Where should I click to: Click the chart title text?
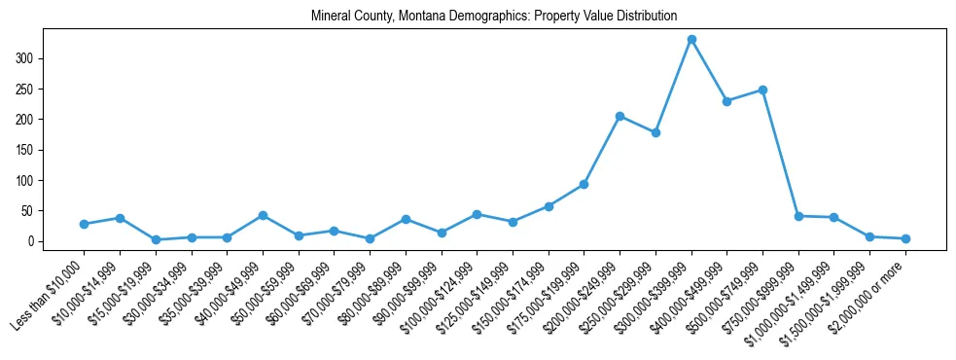point(494,17)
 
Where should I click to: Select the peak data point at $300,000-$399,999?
point(691,40)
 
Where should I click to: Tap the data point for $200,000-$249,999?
point(620,117)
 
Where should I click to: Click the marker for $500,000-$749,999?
point(763,90)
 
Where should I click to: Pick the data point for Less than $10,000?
point(84,224)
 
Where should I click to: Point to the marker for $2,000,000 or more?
point(905,238)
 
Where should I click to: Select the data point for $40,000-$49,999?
point(263,215)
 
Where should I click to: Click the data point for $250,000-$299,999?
point(655,132)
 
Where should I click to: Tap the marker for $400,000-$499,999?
point(727,101)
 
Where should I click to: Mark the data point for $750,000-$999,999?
point(798,216)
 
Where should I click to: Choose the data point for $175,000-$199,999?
point(584,184)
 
